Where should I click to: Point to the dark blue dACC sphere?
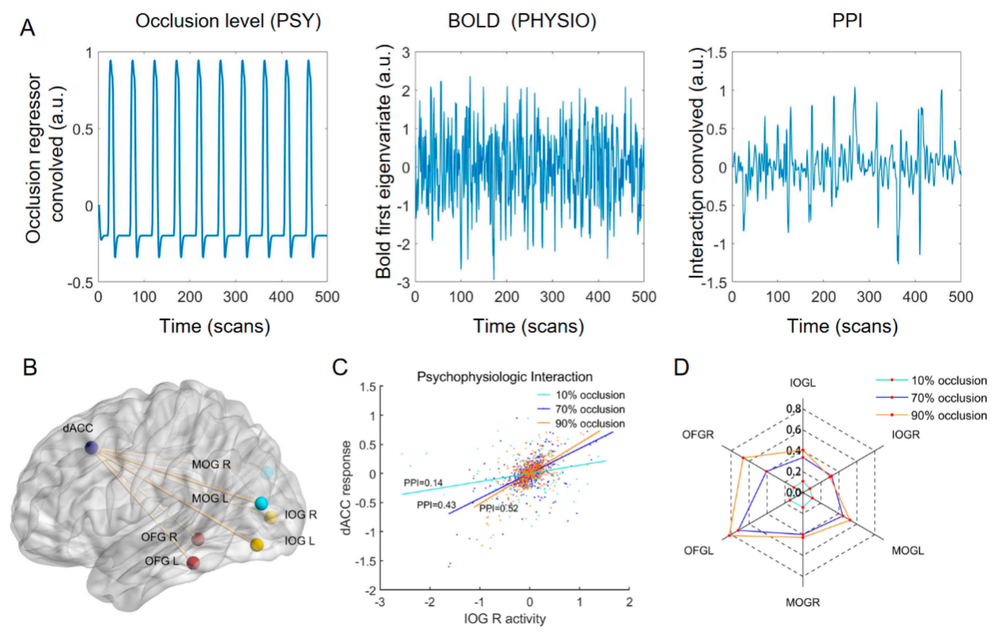pos(91,448)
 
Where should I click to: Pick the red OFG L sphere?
pos(193,563)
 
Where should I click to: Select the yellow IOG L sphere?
pos(257,544)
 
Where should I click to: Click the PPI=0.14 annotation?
pos(423,483)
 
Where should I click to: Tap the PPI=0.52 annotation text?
pos(499,508)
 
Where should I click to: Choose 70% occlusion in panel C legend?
pos(590,409)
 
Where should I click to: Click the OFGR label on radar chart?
pos(698,435)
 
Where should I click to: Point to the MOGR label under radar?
pos(802,602)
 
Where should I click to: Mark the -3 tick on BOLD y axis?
pos(403,283)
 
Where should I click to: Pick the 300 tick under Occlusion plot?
pos(235,297)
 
